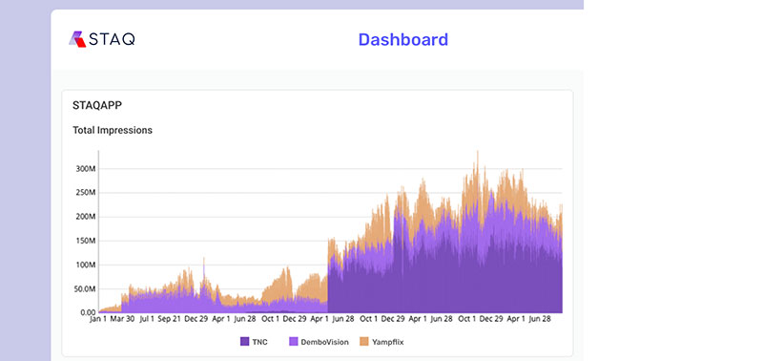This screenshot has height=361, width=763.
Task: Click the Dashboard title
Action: pos(402,39)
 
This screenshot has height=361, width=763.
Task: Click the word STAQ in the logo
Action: pos(113,39)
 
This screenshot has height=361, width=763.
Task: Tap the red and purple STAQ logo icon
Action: pos(78,39)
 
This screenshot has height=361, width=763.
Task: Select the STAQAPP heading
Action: pos(97,105)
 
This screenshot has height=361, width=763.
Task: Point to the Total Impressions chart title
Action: pos(113,130)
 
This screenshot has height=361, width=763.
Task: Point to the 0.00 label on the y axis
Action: pos(87,312)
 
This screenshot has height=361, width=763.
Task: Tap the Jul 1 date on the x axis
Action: pos(147,322)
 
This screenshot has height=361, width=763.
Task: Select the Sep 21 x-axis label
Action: pos(170,322)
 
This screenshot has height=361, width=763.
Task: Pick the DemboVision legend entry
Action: pos(320,341)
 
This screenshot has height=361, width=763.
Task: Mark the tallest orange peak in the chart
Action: pos(477,153)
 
